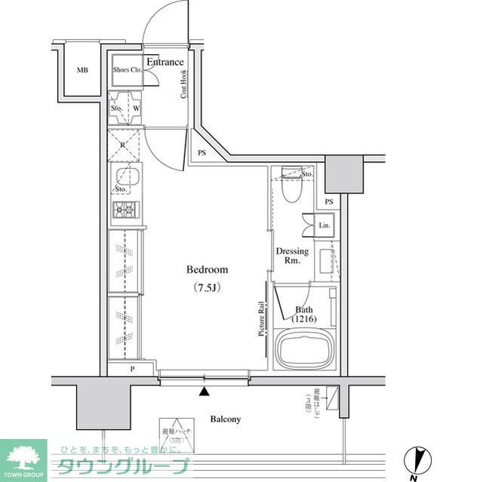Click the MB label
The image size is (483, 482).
[82, 71]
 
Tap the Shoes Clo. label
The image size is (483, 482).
[127, 70]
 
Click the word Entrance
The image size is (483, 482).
[165, 62]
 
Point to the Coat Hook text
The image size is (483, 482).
[183, 84]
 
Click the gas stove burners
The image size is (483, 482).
[124, 210]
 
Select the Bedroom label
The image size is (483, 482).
[207, 269]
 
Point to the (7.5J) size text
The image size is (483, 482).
[207, 287]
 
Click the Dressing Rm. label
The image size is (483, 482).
[291, 255]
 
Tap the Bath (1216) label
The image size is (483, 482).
[305, 315]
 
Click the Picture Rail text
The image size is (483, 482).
[261, 319]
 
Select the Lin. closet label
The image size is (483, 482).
[325, 226]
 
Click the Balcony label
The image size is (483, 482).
[225, 419]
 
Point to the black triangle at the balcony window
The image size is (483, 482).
[204, 391]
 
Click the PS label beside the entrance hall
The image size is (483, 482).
[202, 152]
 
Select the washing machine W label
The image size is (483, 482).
[136, 107]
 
